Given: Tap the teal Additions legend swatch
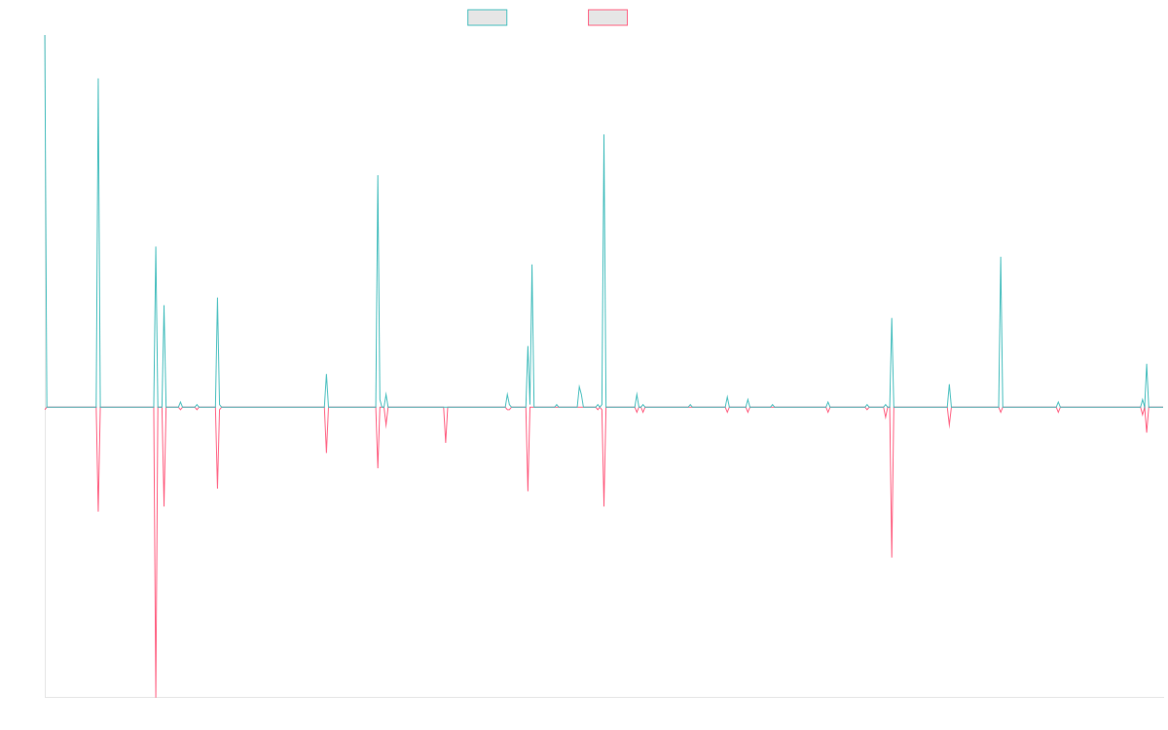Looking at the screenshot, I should point(488,18).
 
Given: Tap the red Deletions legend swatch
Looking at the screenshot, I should point(608,18).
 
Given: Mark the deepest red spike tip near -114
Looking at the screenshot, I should point(156,697).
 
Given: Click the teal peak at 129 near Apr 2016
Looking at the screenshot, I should point(98,79).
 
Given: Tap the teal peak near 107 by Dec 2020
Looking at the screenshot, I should point(604,135).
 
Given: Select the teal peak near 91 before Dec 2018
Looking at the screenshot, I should point(378,176).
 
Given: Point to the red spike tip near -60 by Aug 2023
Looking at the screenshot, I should point(892,558).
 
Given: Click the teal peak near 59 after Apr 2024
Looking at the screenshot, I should point(1001,257).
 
